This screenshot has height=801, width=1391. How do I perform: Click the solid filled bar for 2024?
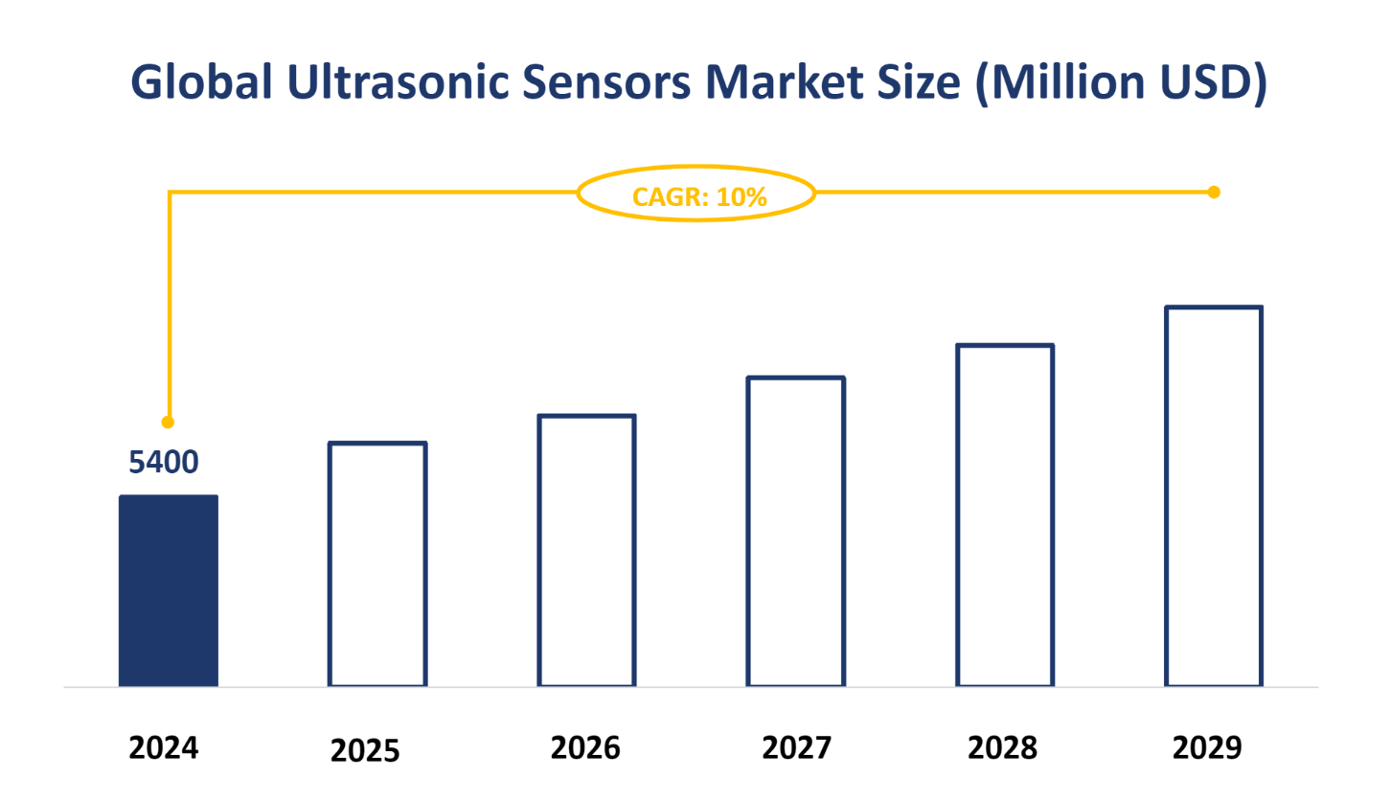click(x=169, y=590)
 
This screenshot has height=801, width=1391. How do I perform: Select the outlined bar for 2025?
click(x=377, y=564)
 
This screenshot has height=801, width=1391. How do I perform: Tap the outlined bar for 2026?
click(x=587, y=551)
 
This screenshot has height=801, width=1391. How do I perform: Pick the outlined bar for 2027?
click(x=796, y=532)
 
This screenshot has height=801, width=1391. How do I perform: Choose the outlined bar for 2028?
click(x=1006, y=515)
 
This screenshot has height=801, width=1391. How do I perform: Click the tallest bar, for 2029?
click(x=1215, y=496)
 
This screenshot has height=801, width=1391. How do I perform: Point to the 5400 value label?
click(x=164, y=463)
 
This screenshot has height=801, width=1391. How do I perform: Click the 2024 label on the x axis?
click(x=164, y=747)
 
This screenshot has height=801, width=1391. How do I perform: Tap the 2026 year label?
click(x=585, y=747)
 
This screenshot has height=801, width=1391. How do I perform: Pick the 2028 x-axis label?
click(x=1002, y=747)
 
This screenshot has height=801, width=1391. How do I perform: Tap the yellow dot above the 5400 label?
click(x=169, y=422)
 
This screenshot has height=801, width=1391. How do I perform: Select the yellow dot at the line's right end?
click(x=1214, y=193)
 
